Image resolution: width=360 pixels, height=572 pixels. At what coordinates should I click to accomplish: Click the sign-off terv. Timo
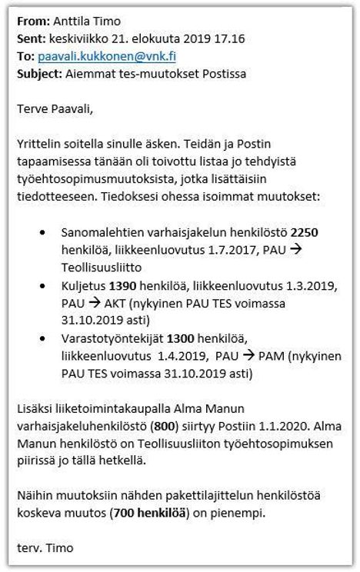click(43, 549)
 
